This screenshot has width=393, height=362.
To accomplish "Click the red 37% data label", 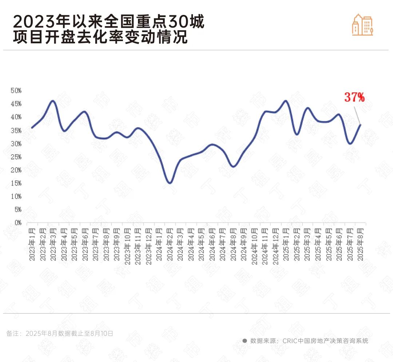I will pyautogui.click(x=354, y=97).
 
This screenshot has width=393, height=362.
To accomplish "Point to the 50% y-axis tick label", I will pyautogui.click(x=16, y=91).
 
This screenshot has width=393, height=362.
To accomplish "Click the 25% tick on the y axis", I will pyautogui.click(x=16, y=157).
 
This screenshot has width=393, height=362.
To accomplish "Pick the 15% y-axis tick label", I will pyautogui.click(x=16, y=183).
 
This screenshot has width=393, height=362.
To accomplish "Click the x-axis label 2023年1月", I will pyautogui.click(x=32, y=244).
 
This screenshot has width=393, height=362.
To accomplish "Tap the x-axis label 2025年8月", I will pyautogui.click(x=361, y=244).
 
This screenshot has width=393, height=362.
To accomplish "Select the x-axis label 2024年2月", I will pyautogui.click(x=169, y=244).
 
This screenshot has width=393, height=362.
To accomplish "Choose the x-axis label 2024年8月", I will pyautogui.click(x=233, y=244).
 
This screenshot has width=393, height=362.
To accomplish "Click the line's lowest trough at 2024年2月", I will pyautogui.click(x=170, y=183).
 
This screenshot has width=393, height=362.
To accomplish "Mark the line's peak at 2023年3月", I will pyautogui.click(x=53, y=101).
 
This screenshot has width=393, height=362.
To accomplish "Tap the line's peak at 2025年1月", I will pyautogui.click(x=286, y=101).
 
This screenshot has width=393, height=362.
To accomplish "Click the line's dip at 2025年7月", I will pyautogui.click(x=350, y=143).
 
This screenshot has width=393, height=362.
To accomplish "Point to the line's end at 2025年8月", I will pyautogui.click(x=360, y=125).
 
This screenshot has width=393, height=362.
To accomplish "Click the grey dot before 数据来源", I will pyautogui.click(x=245, y=341).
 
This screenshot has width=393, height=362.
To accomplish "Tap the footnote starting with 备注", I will pyautogui.click(x=60, y=333).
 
